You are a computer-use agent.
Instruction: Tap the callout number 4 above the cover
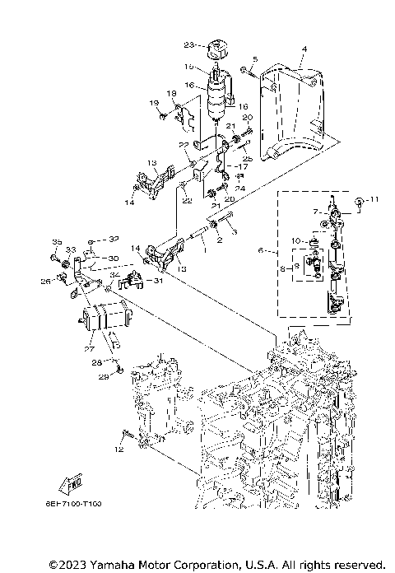(x=304, y=50)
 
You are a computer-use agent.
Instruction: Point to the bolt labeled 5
(x=244, y=70)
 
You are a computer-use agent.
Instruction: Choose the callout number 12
(x=119, y=450)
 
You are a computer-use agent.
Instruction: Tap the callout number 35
(x=57, y=241)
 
